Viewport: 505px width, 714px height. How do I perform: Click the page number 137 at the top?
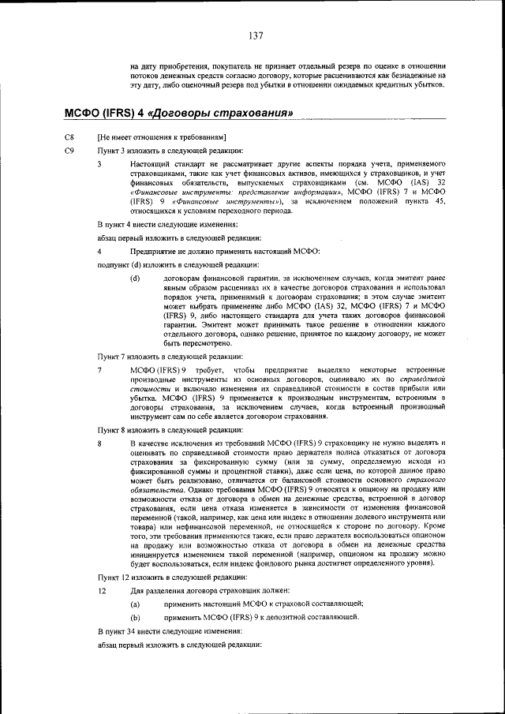click(255, 36)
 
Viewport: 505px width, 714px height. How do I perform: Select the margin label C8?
click(69, 138)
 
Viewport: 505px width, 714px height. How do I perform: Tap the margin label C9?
click(69, 151)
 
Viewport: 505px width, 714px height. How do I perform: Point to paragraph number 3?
click(99, 164)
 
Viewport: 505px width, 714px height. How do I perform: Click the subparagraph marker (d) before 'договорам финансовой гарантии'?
click(135, 278)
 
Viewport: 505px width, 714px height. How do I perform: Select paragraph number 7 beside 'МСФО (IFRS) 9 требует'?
click(99, 370)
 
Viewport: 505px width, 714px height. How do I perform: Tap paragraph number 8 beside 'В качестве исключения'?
click(99, 444)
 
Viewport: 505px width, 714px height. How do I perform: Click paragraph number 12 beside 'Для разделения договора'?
click(101, 591)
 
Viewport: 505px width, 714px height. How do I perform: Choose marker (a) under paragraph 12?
click(135, 604)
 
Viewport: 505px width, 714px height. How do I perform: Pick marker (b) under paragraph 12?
click(135, 617)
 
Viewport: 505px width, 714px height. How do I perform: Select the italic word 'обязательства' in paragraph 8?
click(155, 489)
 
